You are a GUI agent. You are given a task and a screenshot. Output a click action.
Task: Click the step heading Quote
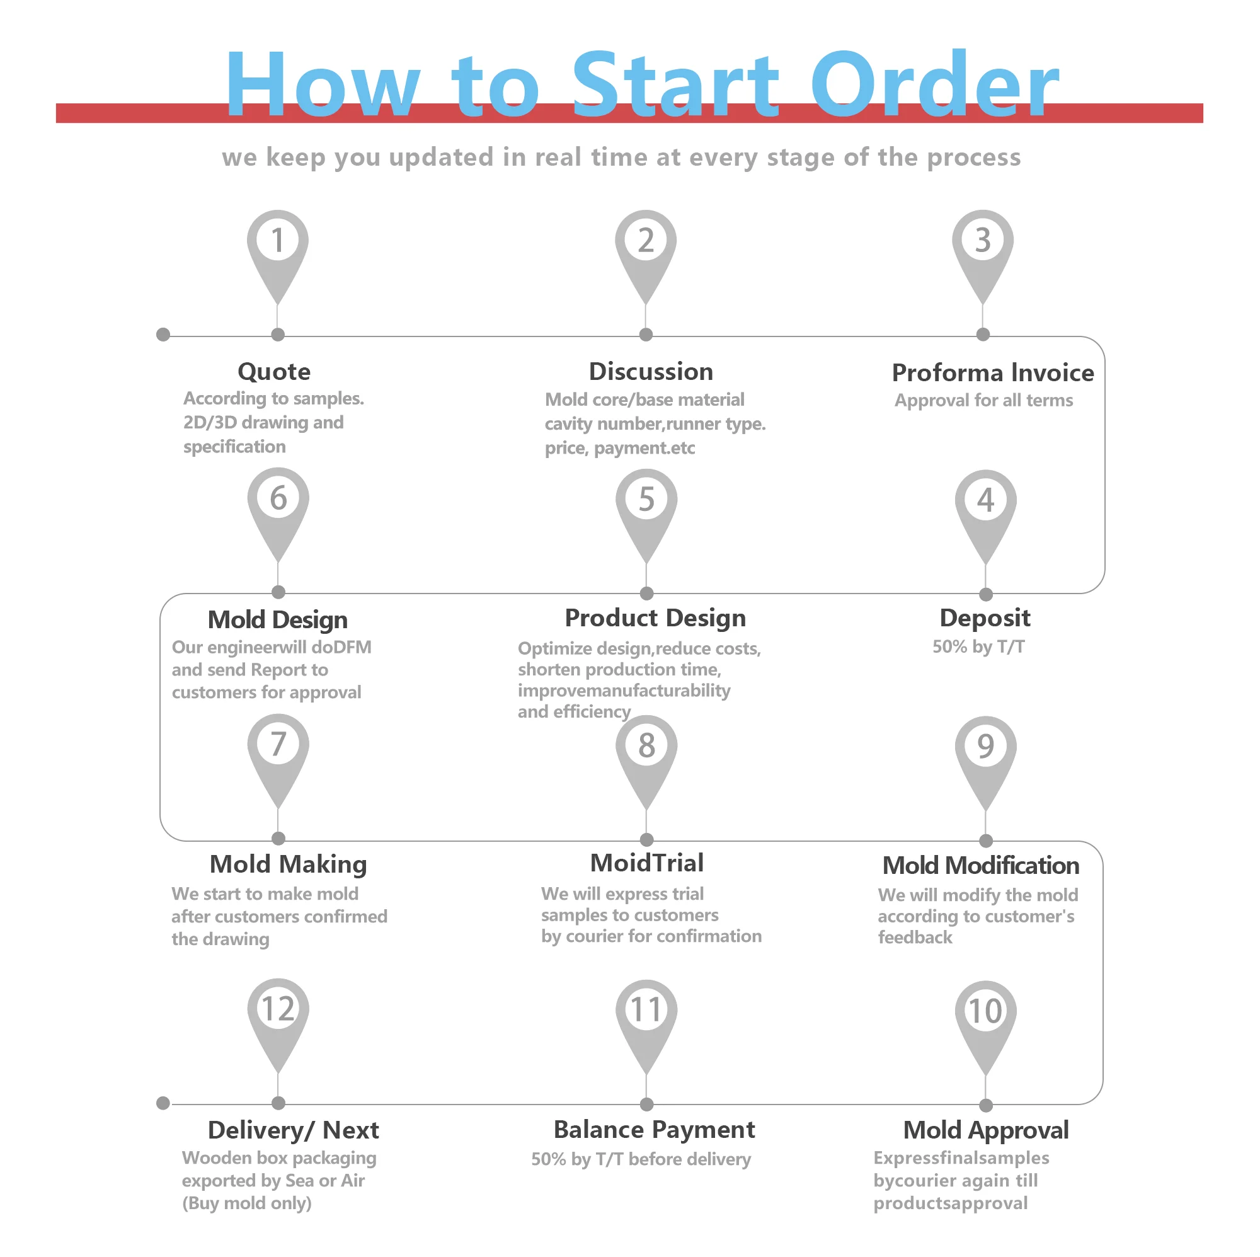coord(274,372)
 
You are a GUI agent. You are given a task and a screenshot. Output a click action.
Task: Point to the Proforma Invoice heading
coord(993,373)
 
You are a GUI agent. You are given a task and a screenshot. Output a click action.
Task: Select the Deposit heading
coord(985,617)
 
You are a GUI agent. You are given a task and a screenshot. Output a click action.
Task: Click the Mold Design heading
coord(278,620)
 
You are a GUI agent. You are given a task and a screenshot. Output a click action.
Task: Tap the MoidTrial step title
coord(647,863)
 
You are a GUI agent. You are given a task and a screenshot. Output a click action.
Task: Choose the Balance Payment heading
coord(654,1130)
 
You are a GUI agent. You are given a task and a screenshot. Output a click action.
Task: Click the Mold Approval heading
coord(985,1130)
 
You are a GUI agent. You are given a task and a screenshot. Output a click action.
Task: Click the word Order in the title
coord(934,85)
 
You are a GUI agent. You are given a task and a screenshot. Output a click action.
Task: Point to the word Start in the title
coord(675,85)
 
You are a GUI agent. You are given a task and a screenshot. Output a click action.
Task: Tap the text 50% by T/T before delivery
coord(641,1159)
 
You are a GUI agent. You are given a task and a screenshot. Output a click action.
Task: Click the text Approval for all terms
coord(983,401)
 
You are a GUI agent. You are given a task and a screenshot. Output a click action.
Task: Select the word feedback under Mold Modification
coord(915,938)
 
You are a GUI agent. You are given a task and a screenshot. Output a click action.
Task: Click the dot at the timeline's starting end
coord(163,335)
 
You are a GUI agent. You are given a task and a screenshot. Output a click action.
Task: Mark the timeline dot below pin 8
coord(646,839)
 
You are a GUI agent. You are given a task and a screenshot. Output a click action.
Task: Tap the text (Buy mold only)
coord(246,1203)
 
